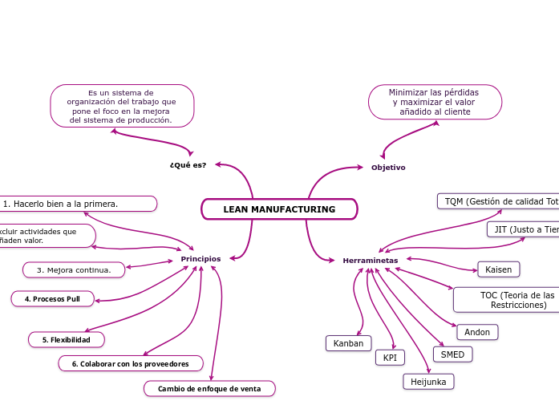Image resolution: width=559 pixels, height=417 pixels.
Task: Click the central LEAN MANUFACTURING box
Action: (279, 209)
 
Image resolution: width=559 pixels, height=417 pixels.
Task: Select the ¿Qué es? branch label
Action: (188, 165)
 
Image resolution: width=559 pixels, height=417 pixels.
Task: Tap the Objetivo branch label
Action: (388, 168)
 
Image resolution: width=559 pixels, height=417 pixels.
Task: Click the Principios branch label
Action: (201, 259)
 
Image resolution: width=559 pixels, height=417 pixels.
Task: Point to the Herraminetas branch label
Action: (370, 261)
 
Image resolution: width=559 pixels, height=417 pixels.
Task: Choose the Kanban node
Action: (348, 343)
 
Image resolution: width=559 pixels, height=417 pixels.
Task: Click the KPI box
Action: (390, 358)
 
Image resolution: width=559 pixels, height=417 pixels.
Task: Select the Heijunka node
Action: (428, 382)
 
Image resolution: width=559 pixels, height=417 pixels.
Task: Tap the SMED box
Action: (452, 354)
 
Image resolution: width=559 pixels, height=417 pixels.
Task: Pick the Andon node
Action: (477, 332)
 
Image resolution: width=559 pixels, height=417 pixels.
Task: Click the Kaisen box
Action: (498, 269)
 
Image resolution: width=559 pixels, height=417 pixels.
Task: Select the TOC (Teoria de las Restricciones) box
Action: (507, 300)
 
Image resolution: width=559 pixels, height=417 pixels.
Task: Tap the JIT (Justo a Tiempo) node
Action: (524, 229)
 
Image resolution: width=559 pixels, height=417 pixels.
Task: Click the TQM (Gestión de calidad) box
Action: (498, 201)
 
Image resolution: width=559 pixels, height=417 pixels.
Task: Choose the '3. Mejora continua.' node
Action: (74, 270)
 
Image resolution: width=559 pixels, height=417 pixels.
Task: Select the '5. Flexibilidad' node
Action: (67, 340)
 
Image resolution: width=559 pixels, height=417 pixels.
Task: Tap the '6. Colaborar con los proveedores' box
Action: (130, 364)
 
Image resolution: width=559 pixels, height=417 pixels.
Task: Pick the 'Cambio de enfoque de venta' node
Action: (209, 389)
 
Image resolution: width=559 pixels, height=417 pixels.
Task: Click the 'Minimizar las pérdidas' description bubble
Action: (435, 102)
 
